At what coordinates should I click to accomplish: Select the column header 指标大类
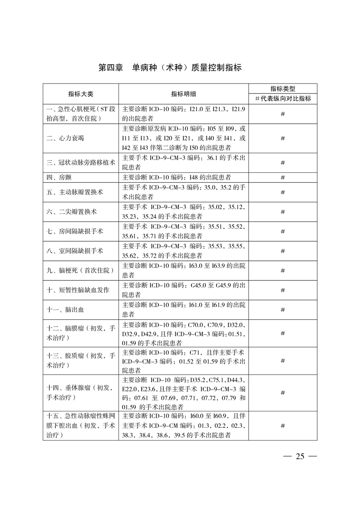(81, 93)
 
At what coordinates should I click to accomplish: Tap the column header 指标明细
(183, 93)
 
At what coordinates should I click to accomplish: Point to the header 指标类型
(282, 89)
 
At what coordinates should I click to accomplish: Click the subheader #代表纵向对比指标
(282, 98)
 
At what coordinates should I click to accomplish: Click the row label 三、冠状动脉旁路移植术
(81, 162)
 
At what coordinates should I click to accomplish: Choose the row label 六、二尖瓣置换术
(72, 212)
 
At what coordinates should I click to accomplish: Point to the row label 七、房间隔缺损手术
(75, 231)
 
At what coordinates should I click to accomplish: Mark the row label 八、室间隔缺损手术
(75, 251)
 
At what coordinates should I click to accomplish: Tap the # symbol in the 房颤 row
(282, 177)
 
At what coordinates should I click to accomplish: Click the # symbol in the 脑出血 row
(282, 310)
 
